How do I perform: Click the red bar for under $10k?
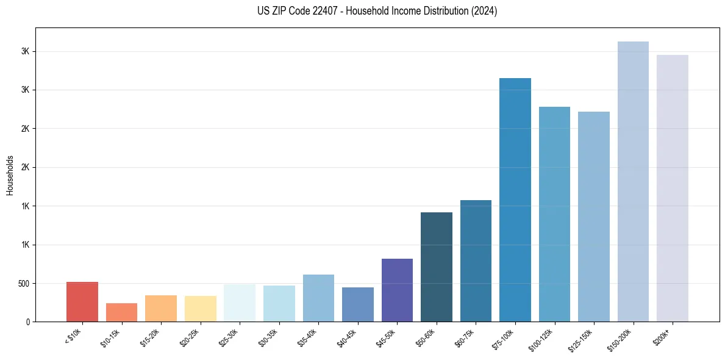pyautogui.click(x=82, y=302)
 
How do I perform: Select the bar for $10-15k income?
pyautogui.click(x=121, y=312)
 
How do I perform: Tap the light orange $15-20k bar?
pyautogui.click(x=161, y=309)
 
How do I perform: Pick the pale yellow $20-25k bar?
pyautogui.click(x=200, y=309)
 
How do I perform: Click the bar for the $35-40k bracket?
pyautogui.click(x=318, y=298)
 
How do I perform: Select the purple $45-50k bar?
pyautogui.click(x=397, y=290)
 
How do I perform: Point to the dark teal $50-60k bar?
pyautogui.click(x=437, y=267)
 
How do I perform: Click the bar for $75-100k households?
pyautogui.click(x=515, y=200)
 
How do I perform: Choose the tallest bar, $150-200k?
pyautogui.click(x=633, y=182)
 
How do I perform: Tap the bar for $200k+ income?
pyautogui.click(x=673, y=189)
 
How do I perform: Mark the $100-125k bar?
pyautogui.click(x=554, y=214)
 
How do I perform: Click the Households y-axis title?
pyautogui.click(x=10, y=175)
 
